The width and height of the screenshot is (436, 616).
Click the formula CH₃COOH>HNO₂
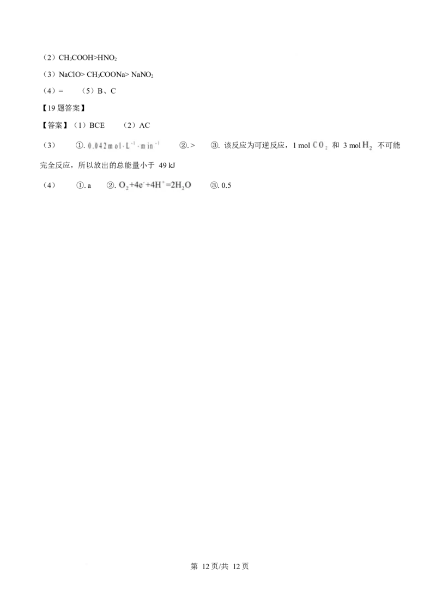88,58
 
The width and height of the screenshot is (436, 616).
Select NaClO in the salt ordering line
69,75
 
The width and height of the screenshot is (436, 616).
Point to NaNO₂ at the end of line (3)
142,75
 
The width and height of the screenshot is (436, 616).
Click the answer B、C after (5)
107,91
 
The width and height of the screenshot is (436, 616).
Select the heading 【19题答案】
63,108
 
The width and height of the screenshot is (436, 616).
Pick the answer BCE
97,125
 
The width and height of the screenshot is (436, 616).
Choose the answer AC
144,125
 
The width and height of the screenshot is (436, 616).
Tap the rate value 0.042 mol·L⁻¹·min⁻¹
124,145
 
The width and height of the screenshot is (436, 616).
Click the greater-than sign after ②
192,145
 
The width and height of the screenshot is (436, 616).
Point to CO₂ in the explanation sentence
320,145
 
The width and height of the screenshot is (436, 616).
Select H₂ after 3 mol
367,145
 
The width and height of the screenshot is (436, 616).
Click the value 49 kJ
167,165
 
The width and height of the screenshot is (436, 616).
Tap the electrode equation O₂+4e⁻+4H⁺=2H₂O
155,185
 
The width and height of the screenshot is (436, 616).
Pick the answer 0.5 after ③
226,186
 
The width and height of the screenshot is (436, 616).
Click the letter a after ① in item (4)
89,186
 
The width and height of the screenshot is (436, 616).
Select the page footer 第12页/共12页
220,566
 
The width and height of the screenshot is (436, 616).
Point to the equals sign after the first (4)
60,91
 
